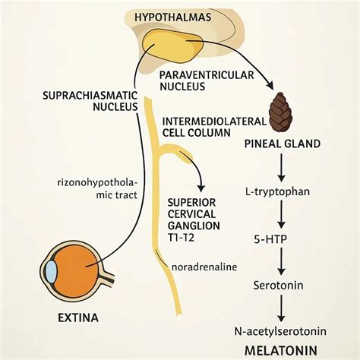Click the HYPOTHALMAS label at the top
[172, 17]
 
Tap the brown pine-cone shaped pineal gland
[280, 112]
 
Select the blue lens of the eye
[52, 272]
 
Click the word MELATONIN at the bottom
[281, 351]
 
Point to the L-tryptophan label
[277, 191]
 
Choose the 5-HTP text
[270, 239]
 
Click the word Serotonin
[278, 286]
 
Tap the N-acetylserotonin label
[280, 331]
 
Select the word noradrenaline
[204, 267]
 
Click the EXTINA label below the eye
[78, 317]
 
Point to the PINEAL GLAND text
[283, 144]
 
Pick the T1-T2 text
[181, 237]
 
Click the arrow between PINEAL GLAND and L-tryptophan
[281, 167]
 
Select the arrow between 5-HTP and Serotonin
[281, 261]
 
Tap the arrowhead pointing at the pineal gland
[269, 85]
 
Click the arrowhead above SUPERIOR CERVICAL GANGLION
[201, 188]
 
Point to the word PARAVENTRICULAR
[207, 75]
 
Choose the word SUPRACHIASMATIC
[90, 96]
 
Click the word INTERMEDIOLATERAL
[214, 122]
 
